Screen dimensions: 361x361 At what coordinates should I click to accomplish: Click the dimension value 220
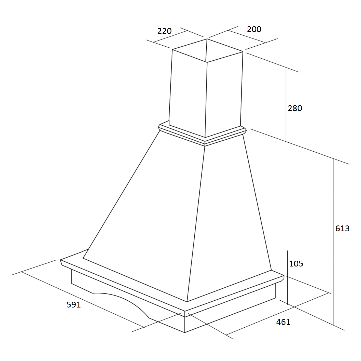[164, 31]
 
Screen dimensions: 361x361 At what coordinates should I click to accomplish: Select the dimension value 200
[254, 29]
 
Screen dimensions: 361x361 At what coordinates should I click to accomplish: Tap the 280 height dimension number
[295, 108]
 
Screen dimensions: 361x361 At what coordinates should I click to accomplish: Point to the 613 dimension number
[342, 229]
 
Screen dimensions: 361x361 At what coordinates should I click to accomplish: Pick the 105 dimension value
[296, 264]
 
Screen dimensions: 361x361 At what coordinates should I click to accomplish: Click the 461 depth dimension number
[283, 322]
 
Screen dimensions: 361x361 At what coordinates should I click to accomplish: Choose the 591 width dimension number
[74, 305]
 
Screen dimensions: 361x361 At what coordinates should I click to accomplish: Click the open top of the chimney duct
[208, 50]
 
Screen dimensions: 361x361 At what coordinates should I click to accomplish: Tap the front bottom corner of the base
[185, 332]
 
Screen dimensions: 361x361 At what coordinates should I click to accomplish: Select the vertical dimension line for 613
[334, 242]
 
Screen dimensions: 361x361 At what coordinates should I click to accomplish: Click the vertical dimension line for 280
[286, 104]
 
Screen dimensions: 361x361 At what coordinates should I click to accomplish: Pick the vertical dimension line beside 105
[288, 277]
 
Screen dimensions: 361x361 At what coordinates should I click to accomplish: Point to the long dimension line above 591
[83, 299]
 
